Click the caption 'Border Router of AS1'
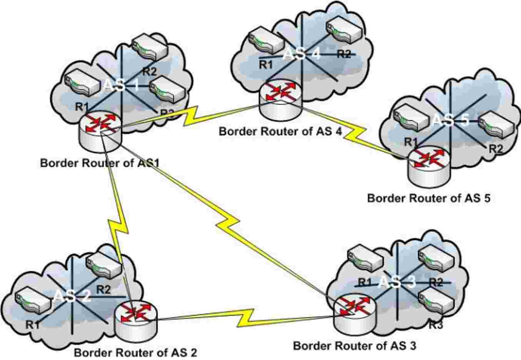(x=100, y=162)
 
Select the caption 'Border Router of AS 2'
(x=135, y=352)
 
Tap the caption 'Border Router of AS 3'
(x=354, y=345)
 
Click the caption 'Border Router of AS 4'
(x=280, y=131)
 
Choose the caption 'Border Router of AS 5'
(x=429, y=198)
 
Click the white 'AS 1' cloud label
(x=121, y=85)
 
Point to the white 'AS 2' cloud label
(x=72, y=296)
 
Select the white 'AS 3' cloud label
(x=397, y=282)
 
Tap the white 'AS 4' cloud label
(x=301, y=54)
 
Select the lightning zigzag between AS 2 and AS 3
(x=246, y=316)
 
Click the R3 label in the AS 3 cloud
(x=436, y=325)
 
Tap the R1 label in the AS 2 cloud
(x=33, y=325)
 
